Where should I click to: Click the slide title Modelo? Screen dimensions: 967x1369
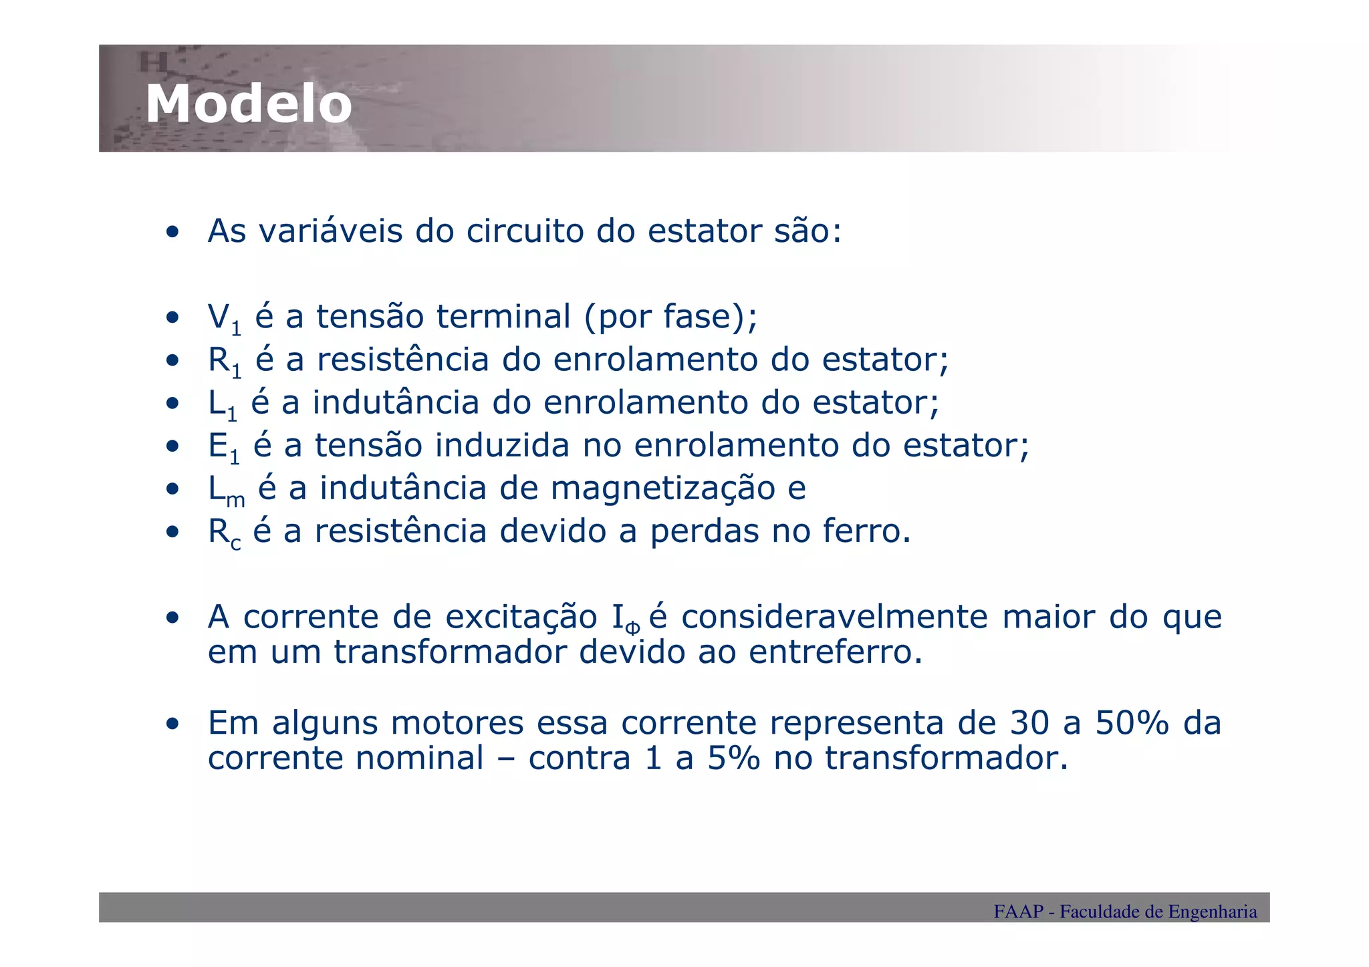249,104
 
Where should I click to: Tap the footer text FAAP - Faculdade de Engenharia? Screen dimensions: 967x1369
1124,912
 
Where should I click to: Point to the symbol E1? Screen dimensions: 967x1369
224,447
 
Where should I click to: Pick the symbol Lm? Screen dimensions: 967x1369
227,490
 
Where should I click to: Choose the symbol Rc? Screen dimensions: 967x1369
224,533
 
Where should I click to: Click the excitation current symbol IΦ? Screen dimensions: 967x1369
626,619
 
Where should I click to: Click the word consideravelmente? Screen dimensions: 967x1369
834,617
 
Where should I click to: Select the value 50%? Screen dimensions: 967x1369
1132,723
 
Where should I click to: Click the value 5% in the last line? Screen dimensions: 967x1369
733,758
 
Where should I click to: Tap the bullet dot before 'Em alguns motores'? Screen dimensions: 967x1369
173,724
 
